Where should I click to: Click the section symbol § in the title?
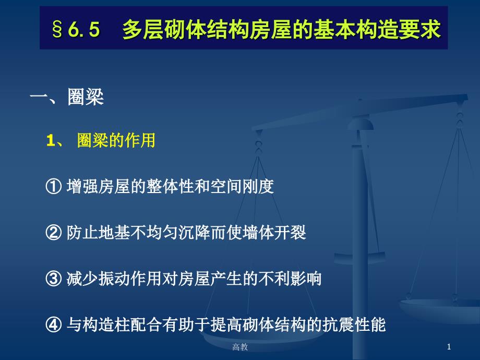(x=57, y=29)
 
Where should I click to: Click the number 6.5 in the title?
(x=84, y=29)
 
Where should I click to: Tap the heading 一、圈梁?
(x=67, y=98)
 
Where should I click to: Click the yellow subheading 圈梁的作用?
(x=116, y=140)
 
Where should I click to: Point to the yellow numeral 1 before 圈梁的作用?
(x=51, y=141)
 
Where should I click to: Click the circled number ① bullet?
(x=54, y=186)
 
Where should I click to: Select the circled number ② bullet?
(x=54, y=233)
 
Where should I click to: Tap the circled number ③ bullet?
(x=54, y=279)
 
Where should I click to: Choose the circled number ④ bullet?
(x=54, y=325)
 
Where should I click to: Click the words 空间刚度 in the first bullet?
(x=242, y=186)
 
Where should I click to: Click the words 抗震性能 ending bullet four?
(x=354, y=325)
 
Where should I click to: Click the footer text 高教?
(x=239, y=347)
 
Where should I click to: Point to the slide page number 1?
(x=449, y=347)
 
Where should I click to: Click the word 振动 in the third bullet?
(x=114, y=279)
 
